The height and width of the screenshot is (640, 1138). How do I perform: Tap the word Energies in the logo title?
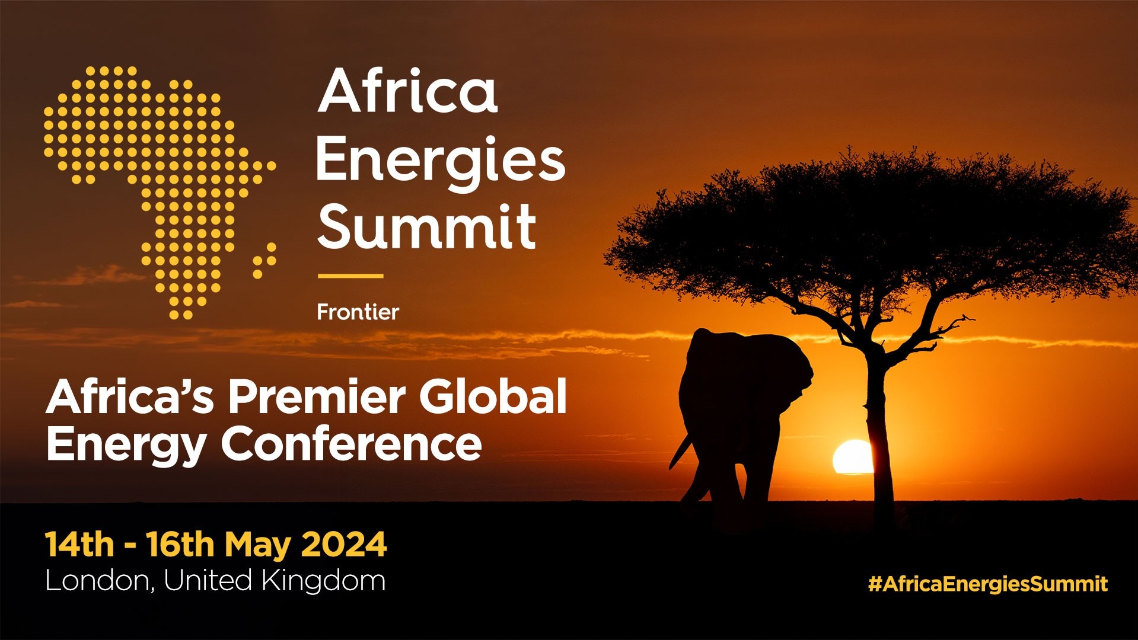(x=440, y=160)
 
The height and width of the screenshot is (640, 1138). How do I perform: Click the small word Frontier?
(x=358, y=312)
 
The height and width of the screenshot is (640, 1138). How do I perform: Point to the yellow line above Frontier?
(x=350, y=276)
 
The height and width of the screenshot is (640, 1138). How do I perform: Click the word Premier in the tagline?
(x=317, y=396)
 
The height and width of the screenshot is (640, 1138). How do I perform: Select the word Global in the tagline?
(x=493, y=396)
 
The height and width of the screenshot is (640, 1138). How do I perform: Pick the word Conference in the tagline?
(x=352, y=444)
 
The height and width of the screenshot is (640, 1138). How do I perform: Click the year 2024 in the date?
(x=344, y=545)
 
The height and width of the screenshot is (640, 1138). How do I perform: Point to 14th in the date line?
(x=79, y=545)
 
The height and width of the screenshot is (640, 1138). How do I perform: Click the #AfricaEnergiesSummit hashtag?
(x=987, y=584)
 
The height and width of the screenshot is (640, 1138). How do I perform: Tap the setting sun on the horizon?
(x=852, y=457)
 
